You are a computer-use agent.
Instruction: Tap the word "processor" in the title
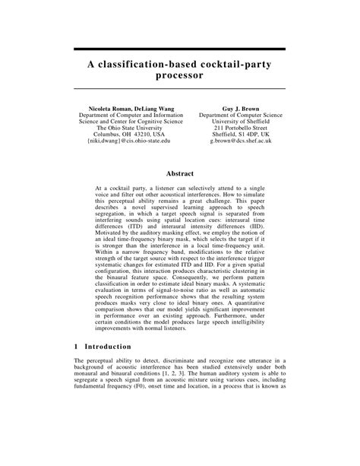(x=179, y=78)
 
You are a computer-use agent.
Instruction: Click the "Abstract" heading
(x=179, y=173)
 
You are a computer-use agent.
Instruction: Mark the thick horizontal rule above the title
(x=179, y=49)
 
